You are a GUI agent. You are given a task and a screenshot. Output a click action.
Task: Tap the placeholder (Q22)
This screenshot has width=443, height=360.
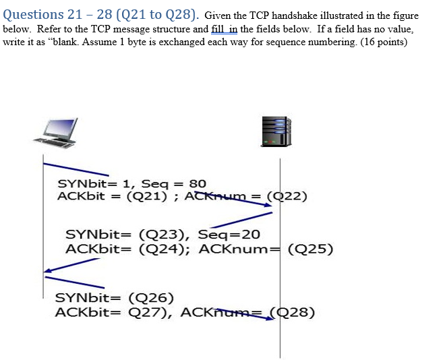point(287,196)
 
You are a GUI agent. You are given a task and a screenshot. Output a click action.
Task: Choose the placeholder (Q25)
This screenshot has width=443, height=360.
point(310,248)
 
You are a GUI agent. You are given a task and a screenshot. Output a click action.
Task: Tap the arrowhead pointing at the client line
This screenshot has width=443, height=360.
point(47,272)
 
